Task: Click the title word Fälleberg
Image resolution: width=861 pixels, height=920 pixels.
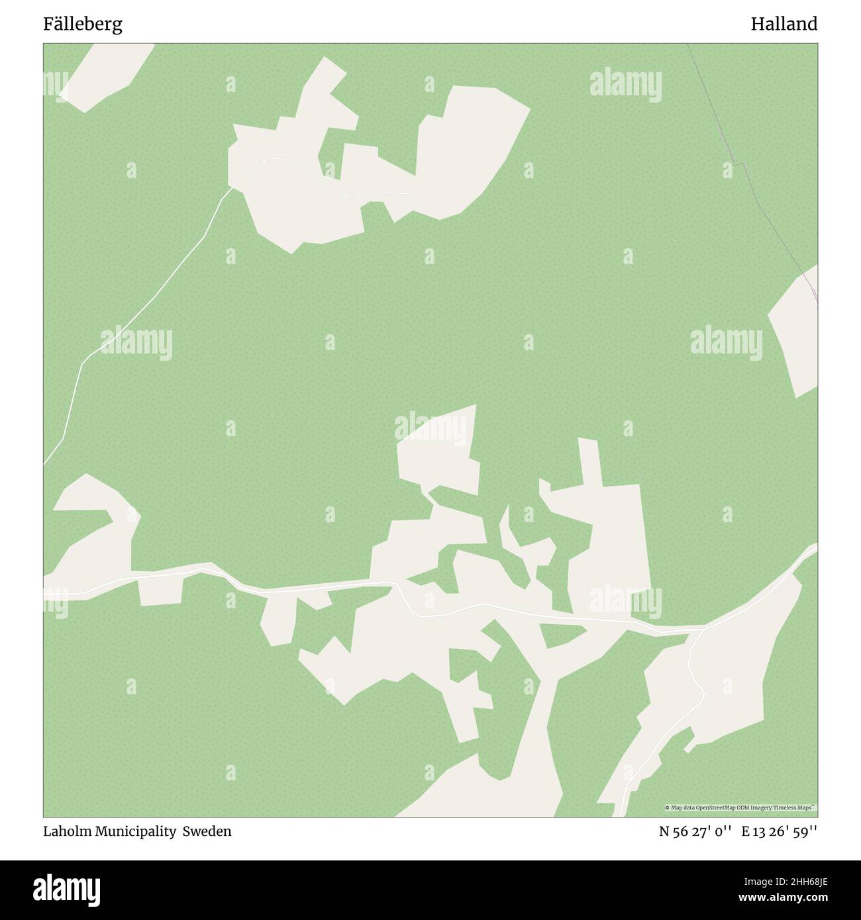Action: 83,24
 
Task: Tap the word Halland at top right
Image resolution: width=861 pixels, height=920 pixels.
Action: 784,24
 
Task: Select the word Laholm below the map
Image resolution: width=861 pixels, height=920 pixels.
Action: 67,831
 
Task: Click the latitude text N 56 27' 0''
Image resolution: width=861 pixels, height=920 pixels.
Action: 695,831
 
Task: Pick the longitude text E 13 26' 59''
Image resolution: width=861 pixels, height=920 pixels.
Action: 779,831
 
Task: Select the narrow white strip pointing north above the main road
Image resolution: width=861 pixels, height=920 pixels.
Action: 589,463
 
